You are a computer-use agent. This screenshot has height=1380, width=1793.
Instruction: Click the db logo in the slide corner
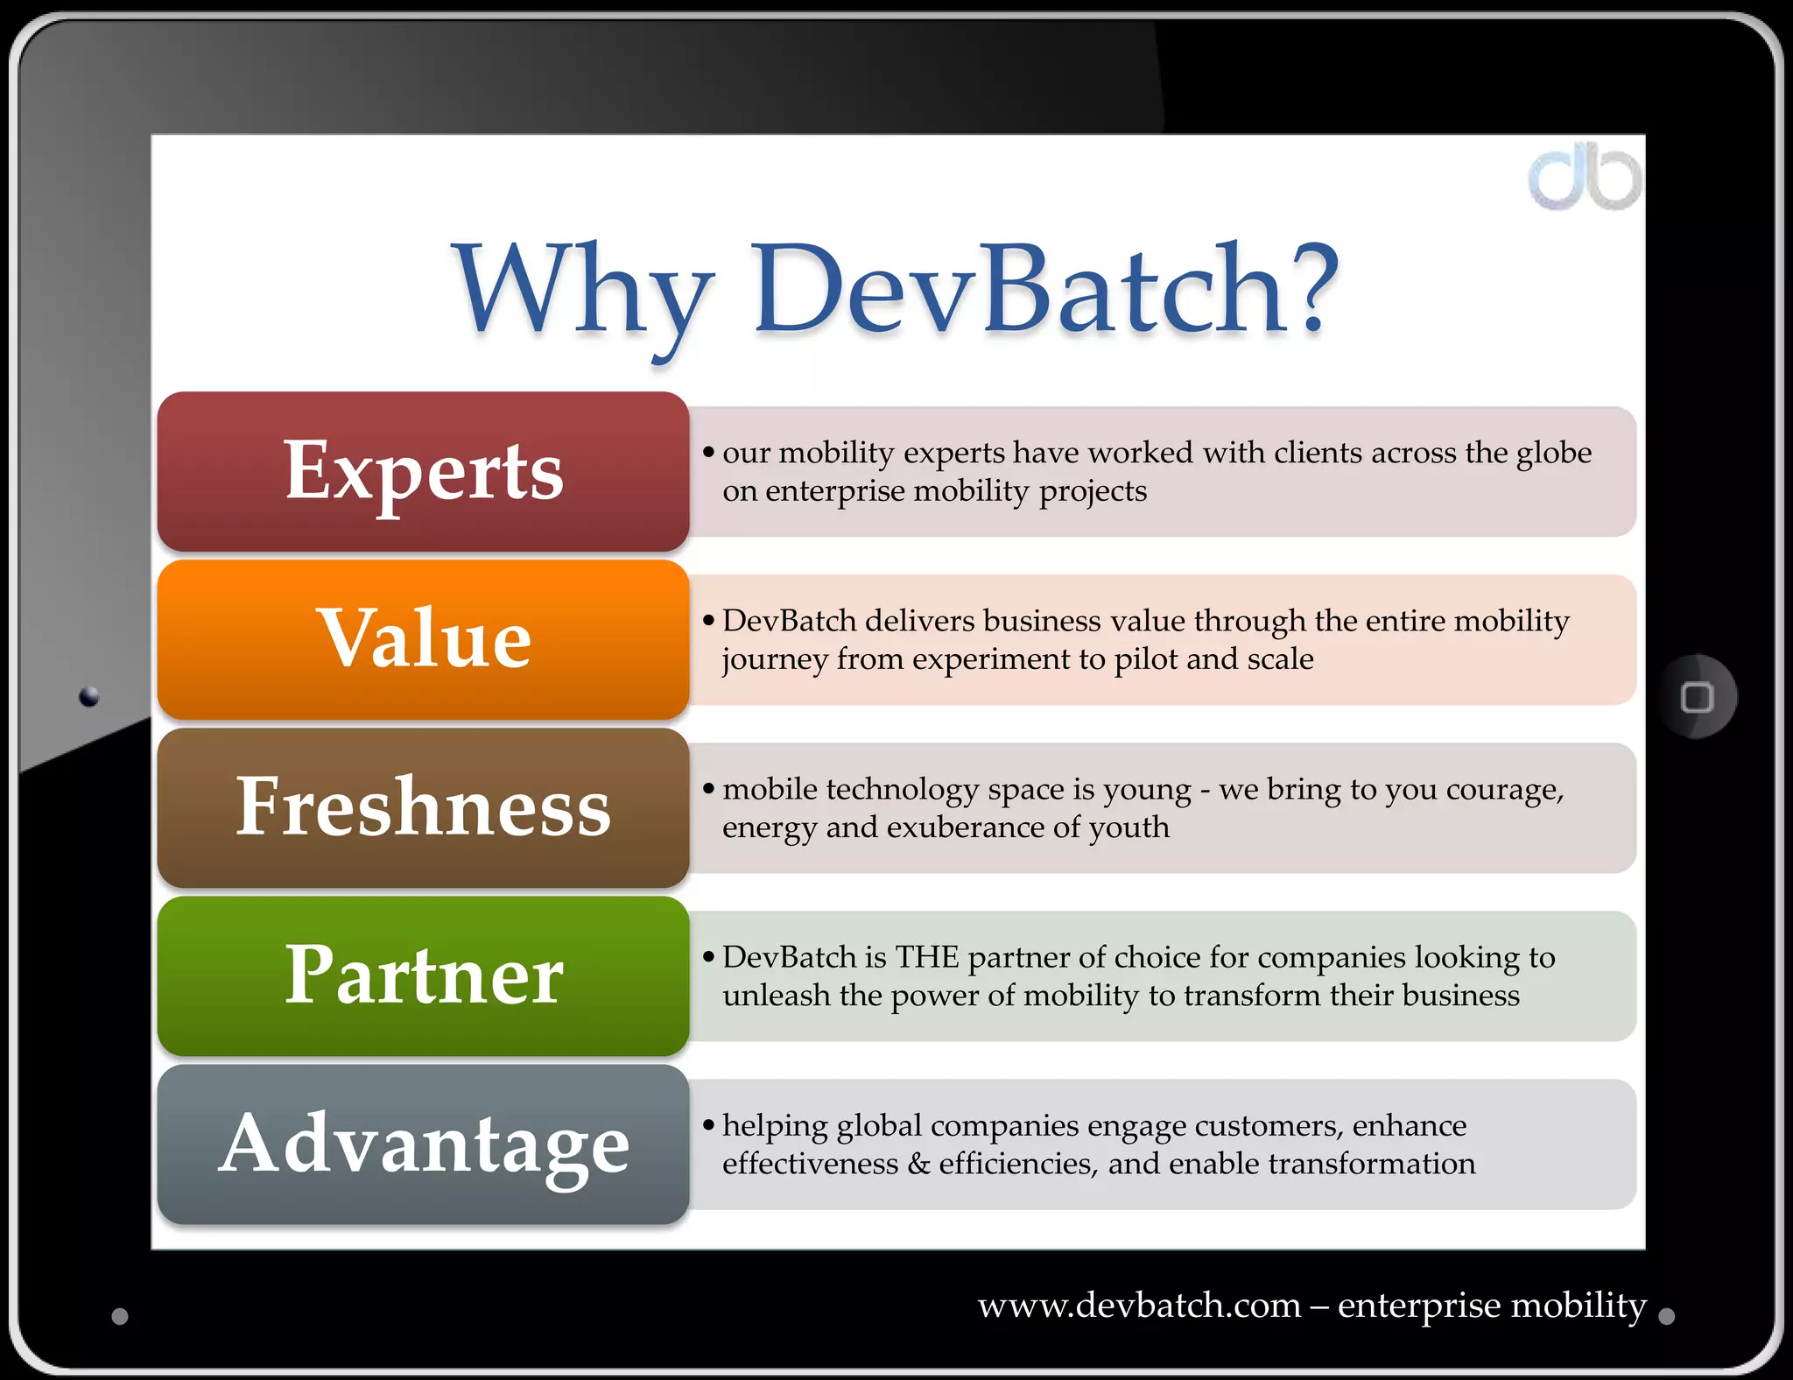pyautogui.click(x=1585, y=179)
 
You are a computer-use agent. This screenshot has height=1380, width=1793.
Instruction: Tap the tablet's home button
pyautogui.click(x=1697, y=697)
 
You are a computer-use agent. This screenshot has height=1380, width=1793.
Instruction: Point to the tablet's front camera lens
pyautogui.click(x=89, y=697)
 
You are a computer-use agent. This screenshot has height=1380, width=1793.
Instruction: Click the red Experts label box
pyautogui.click(x=424, y=471)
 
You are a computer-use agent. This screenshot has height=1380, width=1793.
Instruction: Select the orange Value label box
pyautogui.click(x=424, y=639)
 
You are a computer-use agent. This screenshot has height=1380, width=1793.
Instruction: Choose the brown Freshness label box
pyautogui.click(x=424, y=807)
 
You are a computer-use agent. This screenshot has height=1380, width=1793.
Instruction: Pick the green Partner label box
pyautogui.click(x=424, y=975)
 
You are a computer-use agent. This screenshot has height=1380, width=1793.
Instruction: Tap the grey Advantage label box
pyautogui.click(x=424, y=1144)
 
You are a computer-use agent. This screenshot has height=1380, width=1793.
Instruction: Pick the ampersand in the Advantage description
pyautogui.click(x=918, y=1164)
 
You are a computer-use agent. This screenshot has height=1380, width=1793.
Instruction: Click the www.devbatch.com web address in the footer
pyautogui.click(x=1139, y=1306)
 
